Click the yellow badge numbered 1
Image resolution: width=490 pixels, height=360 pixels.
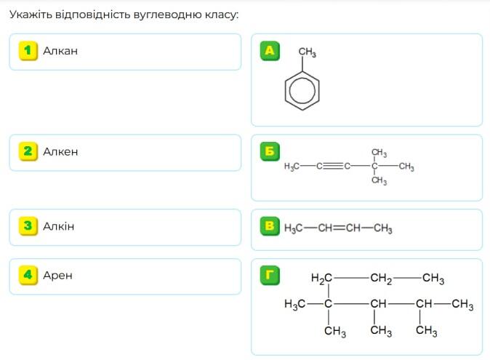28,51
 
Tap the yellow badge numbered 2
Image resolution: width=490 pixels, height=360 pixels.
28,151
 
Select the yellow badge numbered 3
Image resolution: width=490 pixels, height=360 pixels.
28,226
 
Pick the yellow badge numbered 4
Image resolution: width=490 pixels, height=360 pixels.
28,276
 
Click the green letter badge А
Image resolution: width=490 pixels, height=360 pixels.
270,51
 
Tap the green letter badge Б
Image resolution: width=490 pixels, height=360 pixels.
270,151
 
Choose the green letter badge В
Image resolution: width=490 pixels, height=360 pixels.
270,226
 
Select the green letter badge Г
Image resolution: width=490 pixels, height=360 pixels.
270,276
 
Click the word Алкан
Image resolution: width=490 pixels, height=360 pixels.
60,51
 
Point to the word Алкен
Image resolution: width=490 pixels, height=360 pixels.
60,152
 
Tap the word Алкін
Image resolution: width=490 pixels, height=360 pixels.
59,226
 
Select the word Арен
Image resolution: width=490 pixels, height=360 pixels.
58,276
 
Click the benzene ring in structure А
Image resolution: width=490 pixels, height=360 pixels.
285,91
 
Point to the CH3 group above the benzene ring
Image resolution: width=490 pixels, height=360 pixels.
308,52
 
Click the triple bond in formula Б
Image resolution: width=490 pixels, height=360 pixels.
333,166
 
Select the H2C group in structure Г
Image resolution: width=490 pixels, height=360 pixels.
321,278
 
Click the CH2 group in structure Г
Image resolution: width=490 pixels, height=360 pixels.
381,279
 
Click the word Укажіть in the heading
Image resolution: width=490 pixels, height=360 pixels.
31,15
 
